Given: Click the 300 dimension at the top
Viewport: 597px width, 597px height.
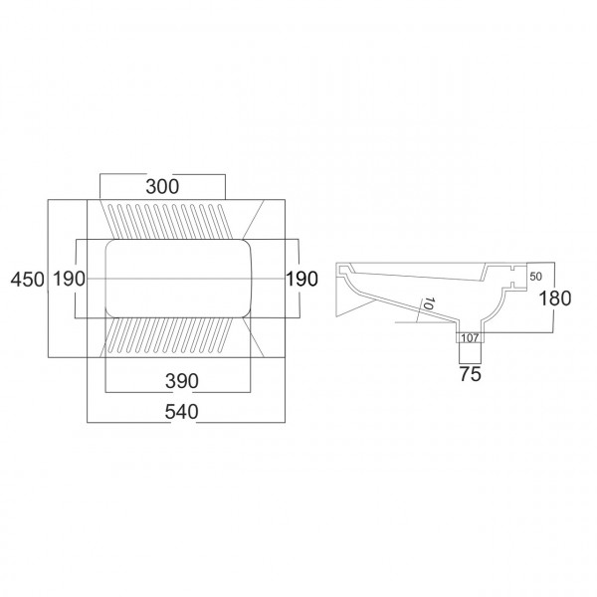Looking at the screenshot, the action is coord(162,187).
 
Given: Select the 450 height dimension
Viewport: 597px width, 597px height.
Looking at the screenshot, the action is coord(28,280).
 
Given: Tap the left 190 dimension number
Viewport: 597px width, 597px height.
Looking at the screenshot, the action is coord(69,279).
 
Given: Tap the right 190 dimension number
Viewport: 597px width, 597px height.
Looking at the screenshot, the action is coord(301,279).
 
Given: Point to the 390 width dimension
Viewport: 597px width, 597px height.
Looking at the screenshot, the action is coord(182,381).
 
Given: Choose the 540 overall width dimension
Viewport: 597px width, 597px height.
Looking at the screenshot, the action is coord(182,412).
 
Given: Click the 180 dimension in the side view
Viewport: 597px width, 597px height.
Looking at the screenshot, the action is coord(555,298).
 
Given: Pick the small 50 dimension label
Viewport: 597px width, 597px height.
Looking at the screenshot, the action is coord(535,277).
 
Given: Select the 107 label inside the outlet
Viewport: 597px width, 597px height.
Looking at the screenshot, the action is coord(470,337).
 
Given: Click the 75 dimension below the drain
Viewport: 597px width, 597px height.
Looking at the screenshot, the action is coord(471,374).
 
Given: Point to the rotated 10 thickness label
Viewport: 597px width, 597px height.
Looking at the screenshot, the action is coord(429,303).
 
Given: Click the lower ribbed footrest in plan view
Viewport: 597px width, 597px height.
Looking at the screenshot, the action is coord(170,335).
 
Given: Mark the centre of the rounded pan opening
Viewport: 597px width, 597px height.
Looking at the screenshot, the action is coord(178,279).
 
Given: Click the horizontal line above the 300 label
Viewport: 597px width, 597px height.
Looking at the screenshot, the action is coord(162,174).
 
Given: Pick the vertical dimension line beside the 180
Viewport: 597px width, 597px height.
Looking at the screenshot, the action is coord(554,297).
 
